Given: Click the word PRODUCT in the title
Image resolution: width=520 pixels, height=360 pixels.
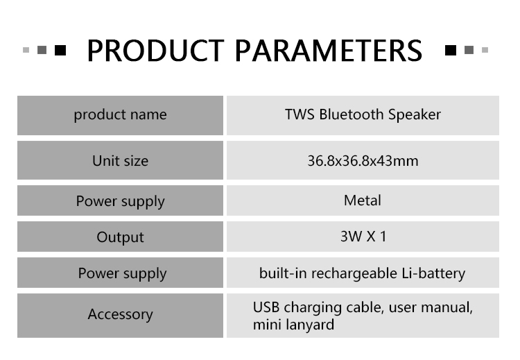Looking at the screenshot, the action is click(155, 51).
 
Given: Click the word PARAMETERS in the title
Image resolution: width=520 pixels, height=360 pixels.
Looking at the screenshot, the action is click(329, 51).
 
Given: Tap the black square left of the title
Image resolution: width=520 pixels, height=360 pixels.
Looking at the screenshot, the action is click(60, 50).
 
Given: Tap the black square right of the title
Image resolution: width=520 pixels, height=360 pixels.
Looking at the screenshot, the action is click(451, 50).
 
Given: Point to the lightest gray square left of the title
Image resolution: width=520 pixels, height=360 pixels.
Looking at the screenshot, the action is click(26, 50).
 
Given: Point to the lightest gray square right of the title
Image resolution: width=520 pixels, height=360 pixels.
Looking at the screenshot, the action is click(485, 50).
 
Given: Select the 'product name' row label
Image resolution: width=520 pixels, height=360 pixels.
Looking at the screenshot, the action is click(120, 115).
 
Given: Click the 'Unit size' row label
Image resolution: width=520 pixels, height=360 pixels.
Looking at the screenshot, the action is click(120, 161).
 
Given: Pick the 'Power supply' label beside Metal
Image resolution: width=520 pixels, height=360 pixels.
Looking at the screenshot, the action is click(120, 201).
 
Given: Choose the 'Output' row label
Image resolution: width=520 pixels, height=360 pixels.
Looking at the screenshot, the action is click(120, 237).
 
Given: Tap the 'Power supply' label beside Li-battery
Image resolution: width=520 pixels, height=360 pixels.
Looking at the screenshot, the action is click(122, 273).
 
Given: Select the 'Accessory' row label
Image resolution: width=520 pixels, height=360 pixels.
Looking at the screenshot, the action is click(120, 314).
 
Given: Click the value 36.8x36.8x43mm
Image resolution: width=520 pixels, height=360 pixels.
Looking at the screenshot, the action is click(363, 161).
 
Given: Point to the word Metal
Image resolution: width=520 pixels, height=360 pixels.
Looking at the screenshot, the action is click(363, 200).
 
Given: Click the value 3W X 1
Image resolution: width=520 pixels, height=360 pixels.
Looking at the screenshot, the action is click(363, 237).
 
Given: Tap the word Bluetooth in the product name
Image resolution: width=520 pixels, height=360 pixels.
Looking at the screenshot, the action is click(352, 114).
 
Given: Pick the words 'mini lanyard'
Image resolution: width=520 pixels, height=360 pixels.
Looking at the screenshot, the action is click(293, 325).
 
